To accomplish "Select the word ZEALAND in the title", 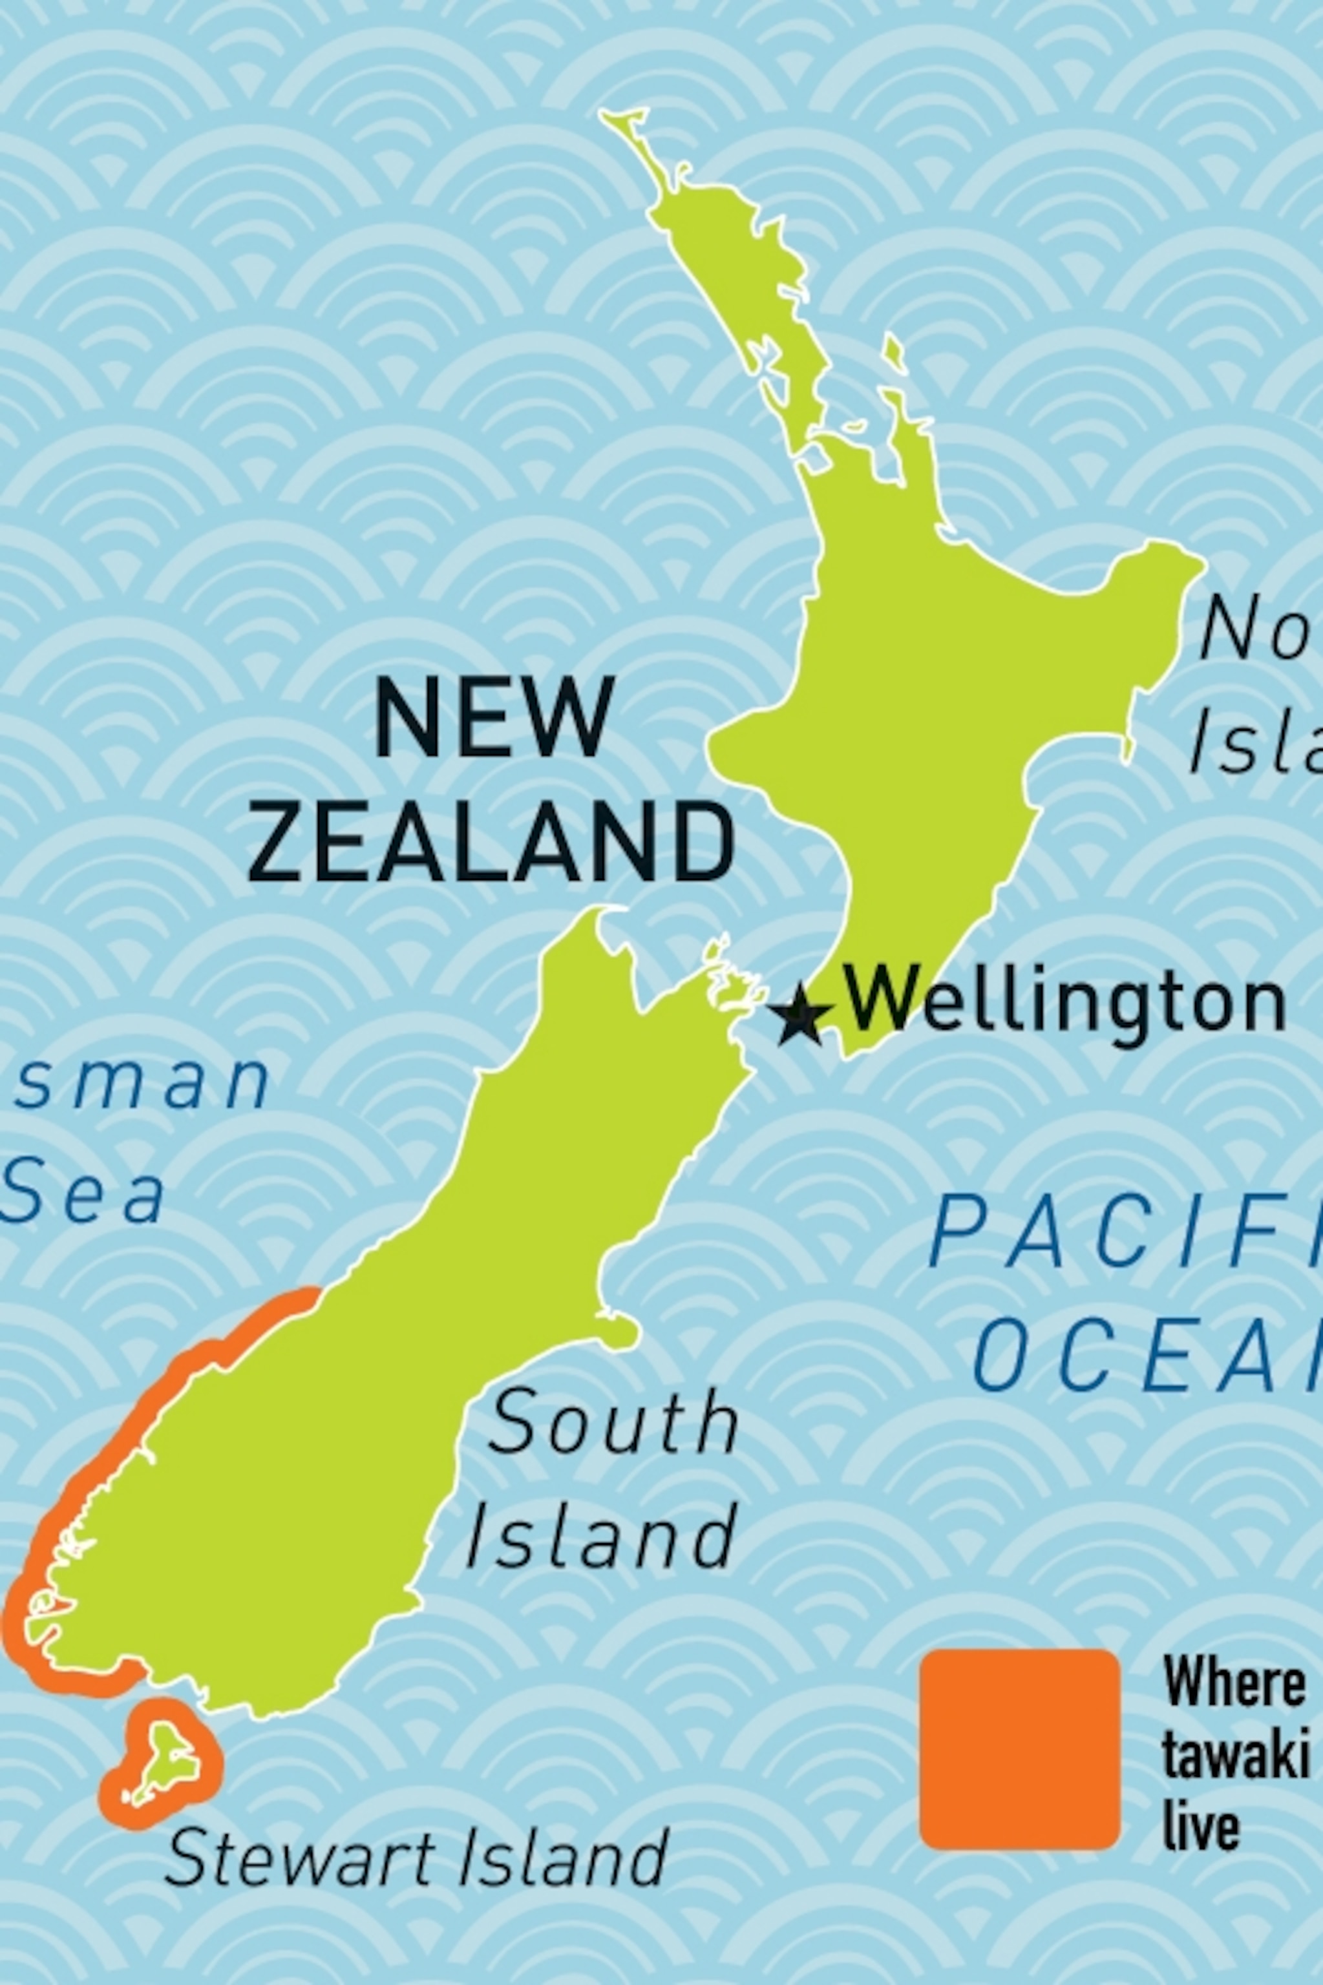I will [490, 842].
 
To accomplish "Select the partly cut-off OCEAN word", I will [1147, 1345].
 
